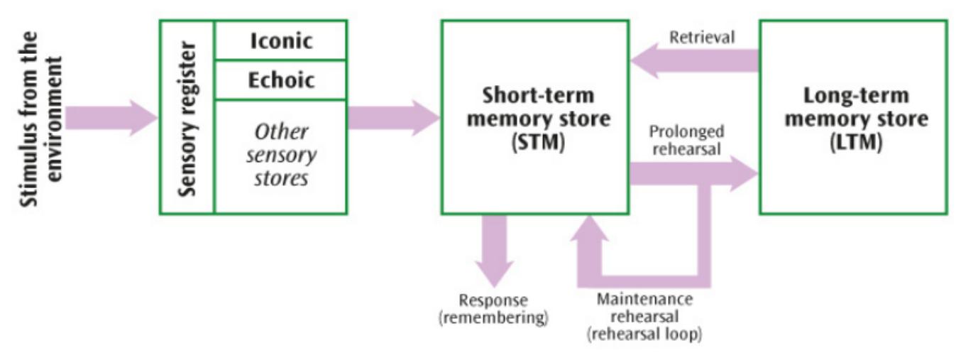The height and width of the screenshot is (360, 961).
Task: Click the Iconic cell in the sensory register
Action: click(281, 40)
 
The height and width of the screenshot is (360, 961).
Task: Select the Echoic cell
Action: click(281, 80)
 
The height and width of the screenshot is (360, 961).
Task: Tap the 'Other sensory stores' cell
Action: click(281, 154)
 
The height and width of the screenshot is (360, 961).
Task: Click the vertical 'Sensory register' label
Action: click(187, 117)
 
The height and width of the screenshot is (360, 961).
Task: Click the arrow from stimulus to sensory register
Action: click(110, 117)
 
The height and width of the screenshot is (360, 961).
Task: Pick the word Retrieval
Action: click(701, 38)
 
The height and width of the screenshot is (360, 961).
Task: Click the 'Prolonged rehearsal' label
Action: click(686, 140)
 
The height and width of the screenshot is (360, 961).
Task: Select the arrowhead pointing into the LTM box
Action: click(744, 173)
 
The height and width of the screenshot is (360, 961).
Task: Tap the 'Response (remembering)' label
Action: click(494, 309)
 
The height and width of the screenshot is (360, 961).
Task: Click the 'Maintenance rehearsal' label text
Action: click(644, 307)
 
